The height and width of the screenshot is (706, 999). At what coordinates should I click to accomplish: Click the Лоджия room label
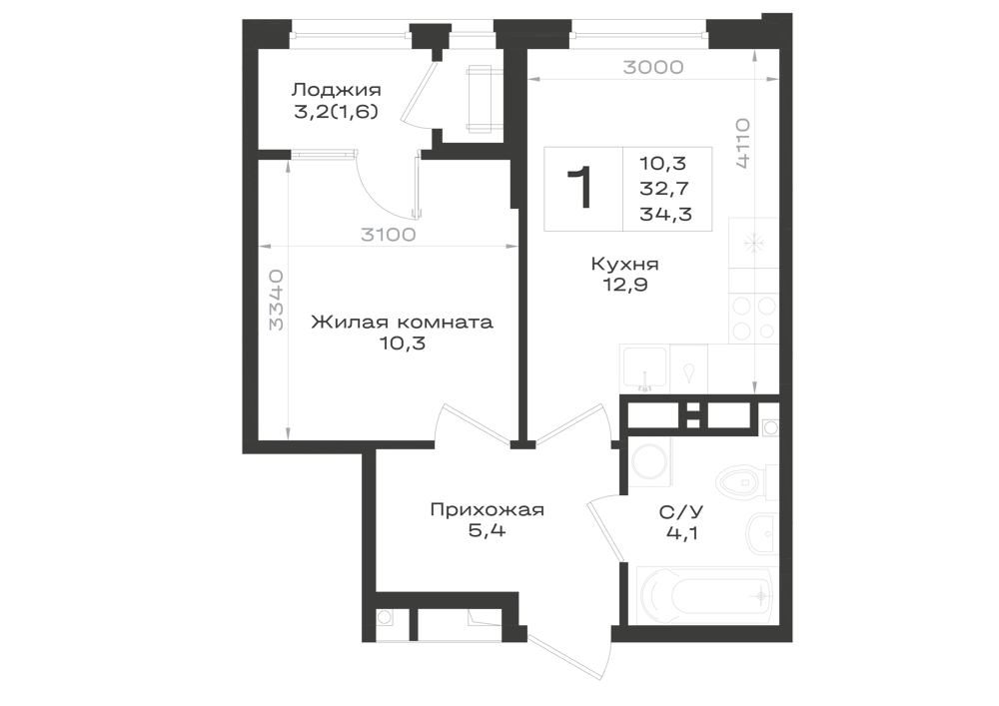click(336, 90)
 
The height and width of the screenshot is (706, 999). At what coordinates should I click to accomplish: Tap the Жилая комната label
click(402, 322)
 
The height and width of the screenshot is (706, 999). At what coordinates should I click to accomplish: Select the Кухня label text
click(625, 264)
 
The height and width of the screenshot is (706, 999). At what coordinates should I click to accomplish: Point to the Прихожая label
click(487, 510)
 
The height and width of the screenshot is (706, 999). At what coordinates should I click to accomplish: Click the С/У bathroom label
click(681, 512)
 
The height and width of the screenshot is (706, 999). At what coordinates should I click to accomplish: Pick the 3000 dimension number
click(653, 68)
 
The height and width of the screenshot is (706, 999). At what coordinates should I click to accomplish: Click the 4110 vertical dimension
click(743, 143)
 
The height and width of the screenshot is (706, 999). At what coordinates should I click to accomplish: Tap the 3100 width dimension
click(388, 235)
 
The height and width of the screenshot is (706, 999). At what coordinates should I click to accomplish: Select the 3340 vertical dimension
click(276, 300)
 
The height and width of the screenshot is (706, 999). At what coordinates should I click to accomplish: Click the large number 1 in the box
click(581, 187)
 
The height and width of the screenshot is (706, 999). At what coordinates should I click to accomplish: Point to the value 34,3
click(665, 215)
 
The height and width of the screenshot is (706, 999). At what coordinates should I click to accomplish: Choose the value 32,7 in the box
click(664, 189)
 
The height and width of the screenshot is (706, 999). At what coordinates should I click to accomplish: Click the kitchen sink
click(644, 368)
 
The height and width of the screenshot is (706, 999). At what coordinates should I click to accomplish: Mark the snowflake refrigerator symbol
click(754, 243)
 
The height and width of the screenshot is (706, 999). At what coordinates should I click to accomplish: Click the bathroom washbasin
click(760, 529)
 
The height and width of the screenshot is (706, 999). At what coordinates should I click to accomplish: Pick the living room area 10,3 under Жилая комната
click(402, 344)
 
